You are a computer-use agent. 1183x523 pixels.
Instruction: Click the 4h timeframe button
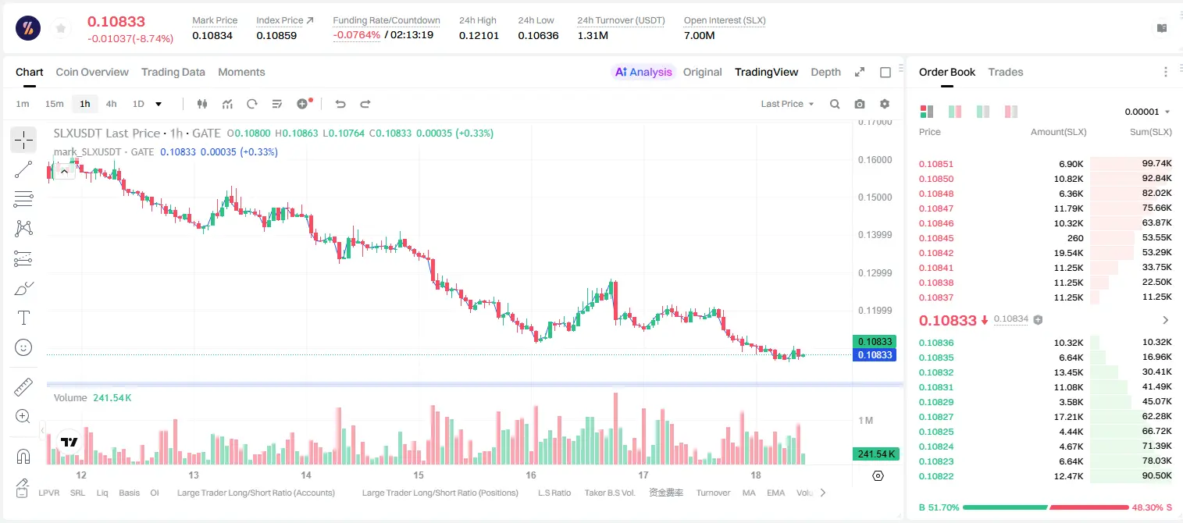pos(111,104)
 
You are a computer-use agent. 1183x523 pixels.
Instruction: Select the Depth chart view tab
pos(825,73)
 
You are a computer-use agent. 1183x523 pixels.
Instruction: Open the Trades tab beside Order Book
pos(1006,73)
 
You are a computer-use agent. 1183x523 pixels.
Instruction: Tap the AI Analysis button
pos(643,73)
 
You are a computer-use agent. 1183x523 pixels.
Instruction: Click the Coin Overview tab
pos(92,73)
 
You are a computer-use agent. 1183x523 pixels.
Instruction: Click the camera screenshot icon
pos(860,104)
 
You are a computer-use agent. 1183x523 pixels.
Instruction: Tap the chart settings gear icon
pos(885,104)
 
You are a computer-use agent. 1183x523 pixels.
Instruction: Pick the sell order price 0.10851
pos(935,164)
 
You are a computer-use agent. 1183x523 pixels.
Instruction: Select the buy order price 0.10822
pos(935,477)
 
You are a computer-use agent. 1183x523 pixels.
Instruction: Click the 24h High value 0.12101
pos(479,35)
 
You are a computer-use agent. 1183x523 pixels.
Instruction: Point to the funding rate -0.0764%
pos(357,35)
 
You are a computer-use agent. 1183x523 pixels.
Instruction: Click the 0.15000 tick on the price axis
pos(875,197)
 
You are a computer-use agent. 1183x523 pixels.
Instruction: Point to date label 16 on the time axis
pos(531,475)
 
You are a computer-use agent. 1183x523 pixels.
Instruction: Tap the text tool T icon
pos(23,318)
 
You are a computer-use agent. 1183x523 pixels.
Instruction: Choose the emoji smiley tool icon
pos(23,347)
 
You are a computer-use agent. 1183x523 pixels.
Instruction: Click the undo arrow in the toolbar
pos(340,104)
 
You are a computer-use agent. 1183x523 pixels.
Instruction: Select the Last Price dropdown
pos(787,104)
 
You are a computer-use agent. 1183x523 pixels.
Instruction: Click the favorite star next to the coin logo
pos(61,29)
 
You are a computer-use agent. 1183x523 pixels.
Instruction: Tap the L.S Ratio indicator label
pos(554,493)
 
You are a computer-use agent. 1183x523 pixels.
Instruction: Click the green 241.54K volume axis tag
pos(875,454)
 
